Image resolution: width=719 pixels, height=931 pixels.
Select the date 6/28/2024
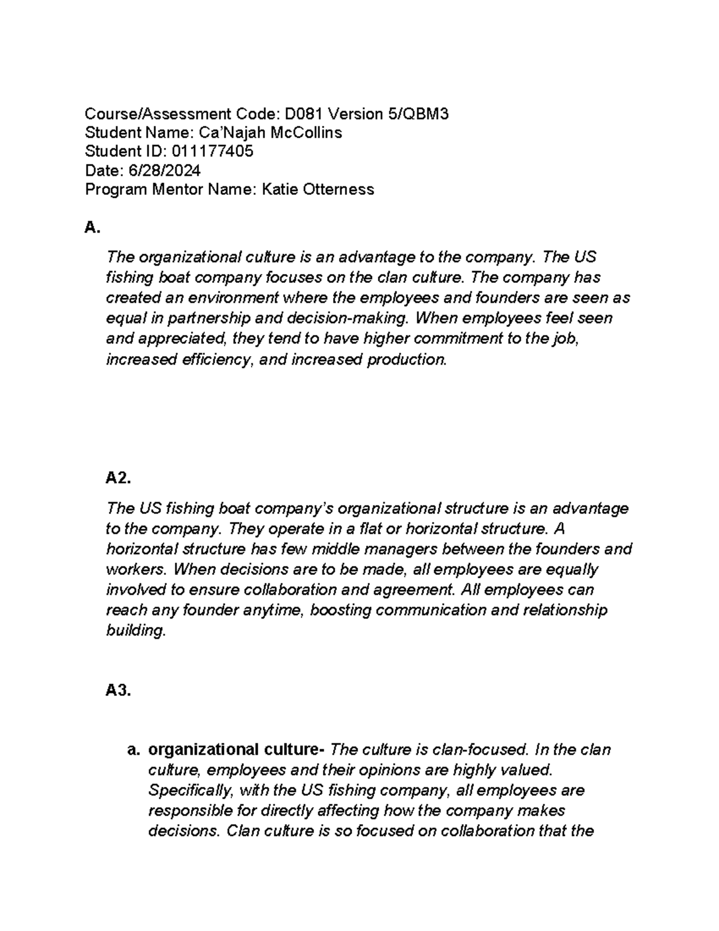click(x=164, y=171)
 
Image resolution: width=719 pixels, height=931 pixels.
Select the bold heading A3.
click(x=118, y=691)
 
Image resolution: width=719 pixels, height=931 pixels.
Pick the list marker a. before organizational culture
click(x=134, y=750)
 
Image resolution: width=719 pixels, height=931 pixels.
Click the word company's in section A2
click(x=295, y=508)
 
